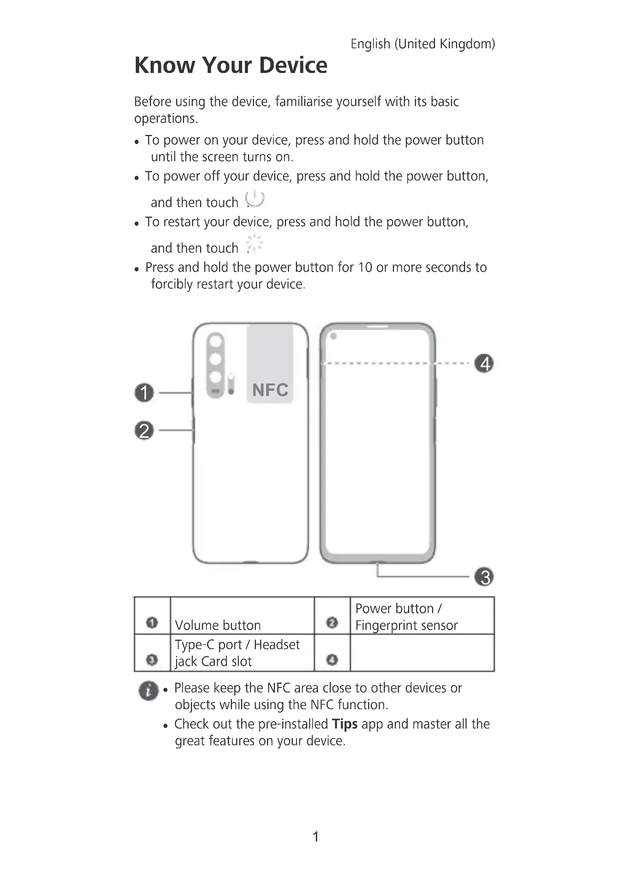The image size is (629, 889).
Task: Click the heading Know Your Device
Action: point(230,65)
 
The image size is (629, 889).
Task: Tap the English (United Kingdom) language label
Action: point(423,44)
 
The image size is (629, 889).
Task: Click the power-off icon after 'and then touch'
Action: point(255,199)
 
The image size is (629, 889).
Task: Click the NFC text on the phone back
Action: point(270,390)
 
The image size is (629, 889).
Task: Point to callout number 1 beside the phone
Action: point(144,393)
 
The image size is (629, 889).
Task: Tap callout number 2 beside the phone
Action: point(144,431)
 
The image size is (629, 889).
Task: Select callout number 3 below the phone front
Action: point(484,577)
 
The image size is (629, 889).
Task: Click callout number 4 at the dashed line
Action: point(484,363)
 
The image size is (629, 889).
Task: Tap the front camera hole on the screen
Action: point(334,336)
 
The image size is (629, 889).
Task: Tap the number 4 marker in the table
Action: point(332,659)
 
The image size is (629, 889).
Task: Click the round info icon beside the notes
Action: point(148,691)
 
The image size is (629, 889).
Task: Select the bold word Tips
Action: point(344,724)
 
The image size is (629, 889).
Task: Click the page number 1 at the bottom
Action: point(316,837)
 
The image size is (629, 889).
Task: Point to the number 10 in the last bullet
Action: point(365,268)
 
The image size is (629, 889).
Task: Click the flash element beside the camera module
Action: point(231,384)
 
